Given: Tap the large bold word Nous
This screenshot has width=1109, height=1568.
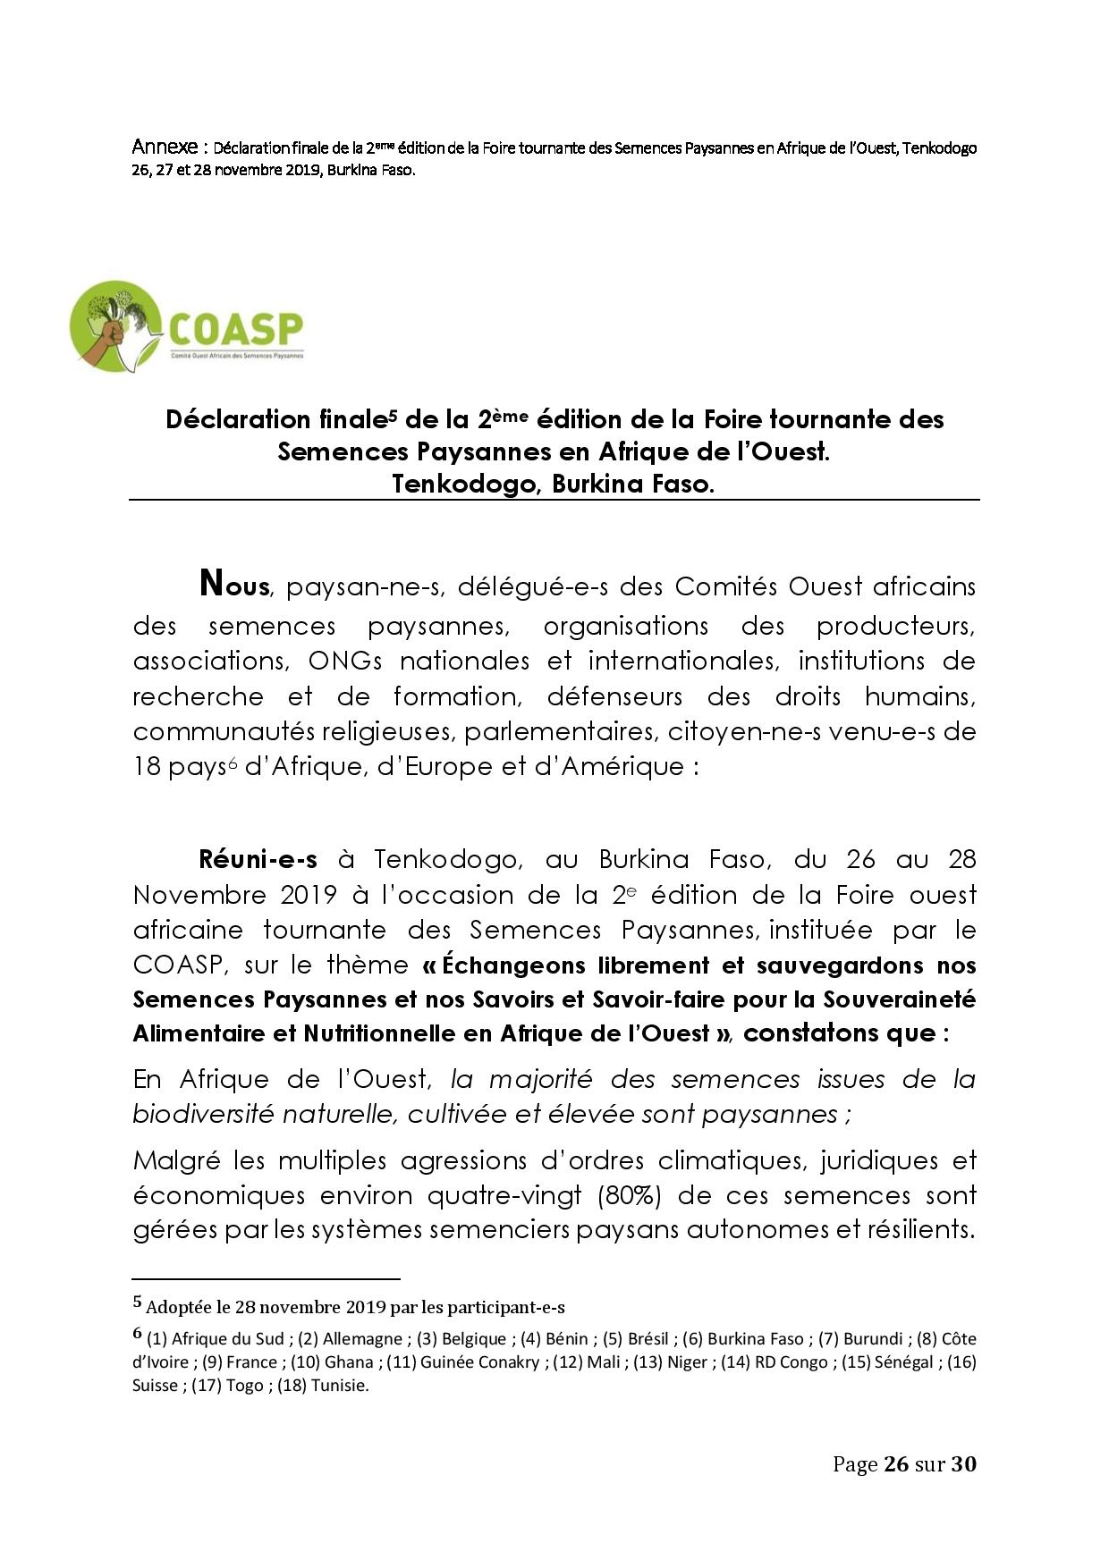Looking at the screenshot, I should point(234,585).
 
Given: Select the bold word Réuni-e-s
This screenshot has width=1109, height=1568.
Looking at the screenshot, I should point(258,860).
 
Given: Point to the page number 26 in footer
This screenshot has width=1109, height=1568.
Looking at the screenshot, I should point(896,1464).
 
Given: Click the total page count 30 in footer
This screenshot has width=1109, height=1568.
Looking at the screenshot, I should point(963,1464).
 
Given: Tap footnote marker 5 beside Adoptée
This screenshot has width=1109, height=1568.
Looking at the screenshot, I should point(138,1302).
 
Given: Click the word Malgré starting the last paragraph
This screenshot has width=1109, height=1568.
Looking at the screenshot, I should point(175,1161).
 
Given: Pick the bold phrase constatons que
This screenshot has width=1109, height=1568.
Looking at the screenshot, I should point(839,1033).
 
